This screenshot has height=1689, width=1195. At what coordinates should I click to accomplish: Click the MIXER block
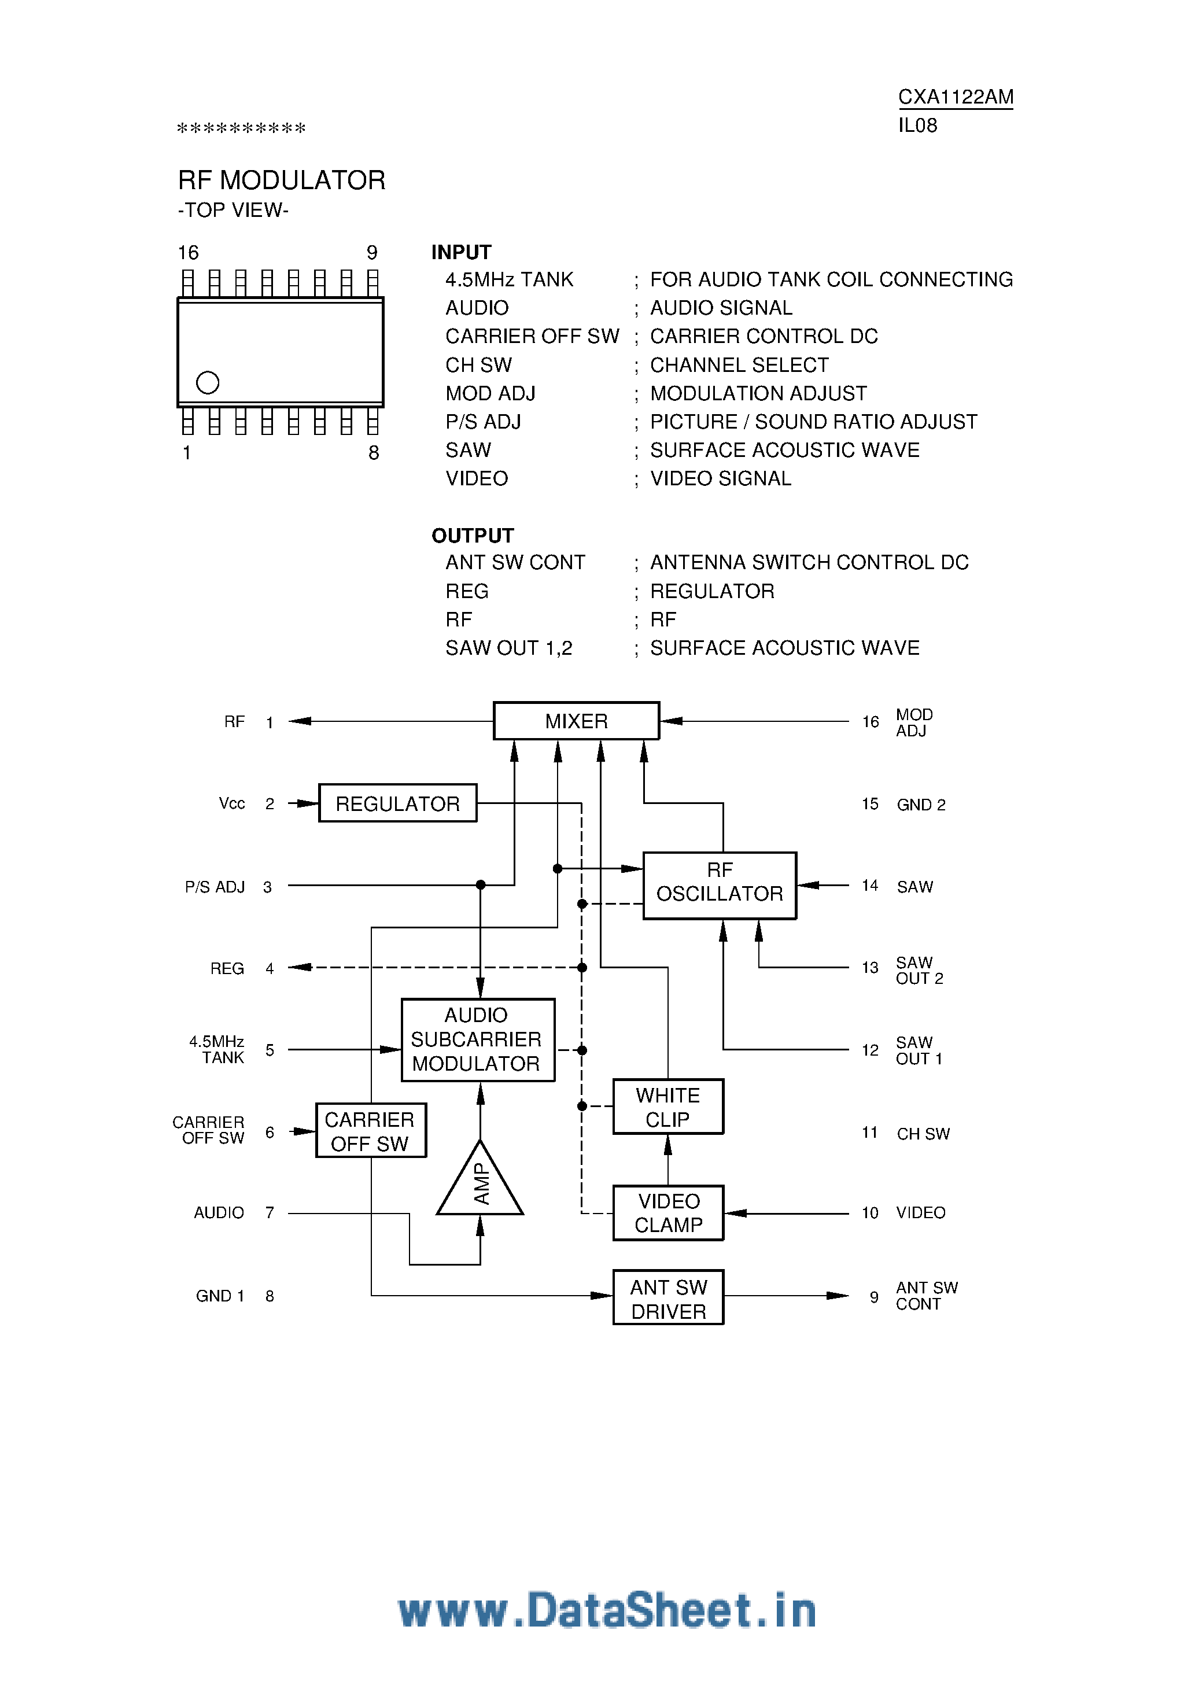pyautogui.click(x=576, y=721)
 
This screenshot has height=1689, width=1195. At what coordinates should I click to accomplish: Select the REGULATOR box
pyautogui.click(x=397, y=803)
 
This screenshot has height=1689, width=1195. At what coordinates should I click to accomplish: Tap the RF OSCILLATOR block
pyautogui.click(x=720, y=885)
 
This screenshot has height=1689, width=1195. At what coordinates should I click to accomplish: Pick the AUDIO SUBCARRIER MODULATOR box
pyautogui.click(x=478, y=1039)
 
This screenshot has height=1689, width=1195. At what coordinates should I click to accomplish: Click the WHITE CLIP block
pyautogui.click(x=668, y=1107)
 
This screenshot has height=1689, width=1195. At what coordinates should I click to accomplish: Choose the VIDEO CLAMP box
pyautogui.click(x=668, y=1213)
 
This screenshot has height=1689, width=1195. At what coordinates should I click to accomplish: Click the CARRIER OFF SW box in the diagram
pyautogui.click(x=370, y=1131)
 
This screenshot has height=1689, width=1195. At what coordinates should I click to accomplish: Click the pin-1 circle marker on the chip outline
pyautogui.click(x=208, y=382)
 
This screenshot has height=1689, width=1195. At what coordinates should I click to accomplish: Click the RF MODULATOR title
pyautogui.click(x=281, y=180)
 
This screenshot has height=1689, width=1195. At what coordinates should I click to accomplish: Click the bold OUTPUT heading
pyautogui.click(x=473, y=536)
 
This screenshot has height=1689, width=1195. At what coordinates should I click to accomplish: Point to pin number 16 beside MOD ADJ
pyautogui.click(x=870, y=722)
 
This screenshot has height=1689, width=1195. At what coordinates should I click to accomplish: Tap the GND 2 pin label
pyautogui.click(x=920, y=805)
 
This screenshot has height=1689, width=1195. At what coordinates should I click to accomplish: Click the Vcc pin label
pyautogui.click(x=232, y=803)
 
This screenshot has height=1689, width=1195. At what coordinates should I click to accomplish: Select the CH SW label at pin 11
pyautogui.click(x=923, y=1134)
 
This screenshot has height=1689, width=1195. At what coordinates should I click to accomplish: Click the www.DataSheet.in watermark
pyautogui.click(x=607, y=1610)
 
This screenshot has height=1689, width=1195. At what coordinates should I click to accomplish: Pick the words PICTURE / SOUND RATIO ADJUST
pyautogui.click(x=813, y=422)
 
